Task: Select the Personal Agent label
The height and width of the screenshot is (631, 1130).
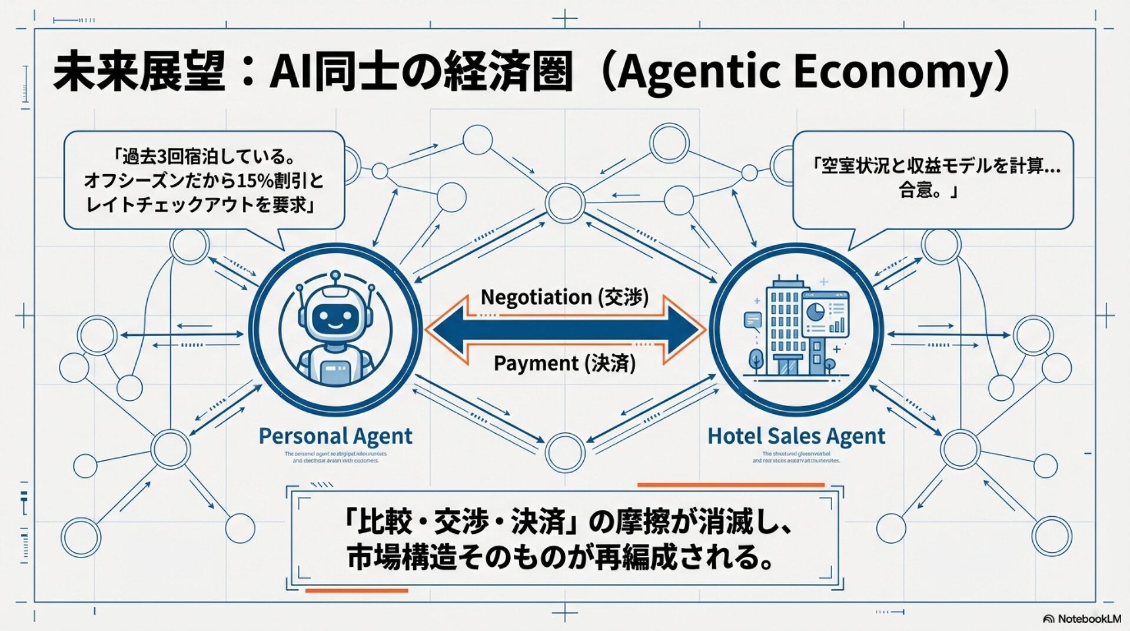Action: pos(335,436)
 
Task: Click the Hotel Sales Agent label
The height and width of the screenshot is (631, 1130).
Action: pos(796,436)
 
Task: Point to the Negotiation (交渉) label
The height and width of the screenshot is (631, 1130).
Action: pos(564,297)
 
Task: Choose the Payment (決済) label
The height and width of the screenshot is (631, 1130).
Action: pos(564,363)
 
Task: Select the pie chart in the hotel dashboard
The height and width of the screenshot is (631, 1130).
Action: pos(815,311)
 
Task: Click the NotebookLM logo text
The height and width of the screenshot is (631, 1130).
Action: pos(1088,619)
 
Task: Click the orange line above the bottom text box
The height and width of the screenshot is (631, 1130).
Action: pos(730,485)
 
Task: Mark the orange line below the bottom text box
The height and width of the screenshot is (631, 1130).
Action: pos(357,590)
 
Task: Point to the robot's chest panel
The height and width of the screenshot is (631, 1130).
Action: pos(335,370)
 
